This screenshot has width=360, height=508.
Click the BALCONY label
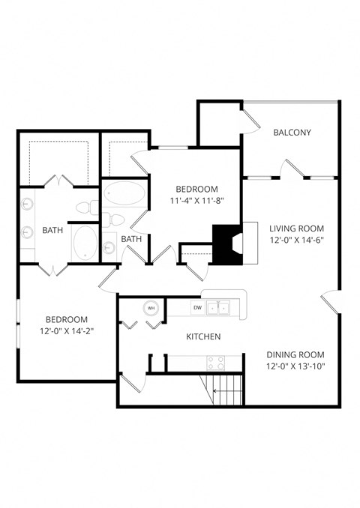[x=292, y=133]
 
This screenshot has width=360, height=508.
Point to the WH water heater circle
[x=151, y=307]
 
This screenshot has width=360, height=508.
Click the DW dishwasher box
[x=197, y=307]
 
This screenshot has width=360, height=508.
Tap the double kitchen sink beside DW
[x=220, y=307]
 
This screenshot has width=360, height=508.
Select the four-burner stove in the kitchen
[x=216, y=363]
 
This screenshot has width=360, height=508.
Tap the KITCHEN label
[x=203, y=337]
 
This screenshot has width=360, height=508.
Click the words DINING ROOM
[x=295, y=354]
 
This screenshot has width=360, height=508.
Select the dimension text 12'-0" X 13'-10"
[x=295, y=366]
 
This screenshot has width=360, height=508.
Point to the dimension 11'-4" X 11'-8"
[x=196, y=201]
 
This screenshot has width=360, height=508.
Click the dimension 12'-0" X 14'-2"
[x=66, y=330]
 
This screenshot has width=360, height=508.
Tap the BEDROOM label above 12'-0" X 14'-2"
[x=66, y=318]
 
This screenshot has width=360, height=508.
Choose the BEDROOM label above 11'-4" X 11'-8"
[x=196, y=189]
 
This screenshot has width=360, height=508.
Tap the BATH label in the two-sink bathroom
[x=52, y=230]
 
